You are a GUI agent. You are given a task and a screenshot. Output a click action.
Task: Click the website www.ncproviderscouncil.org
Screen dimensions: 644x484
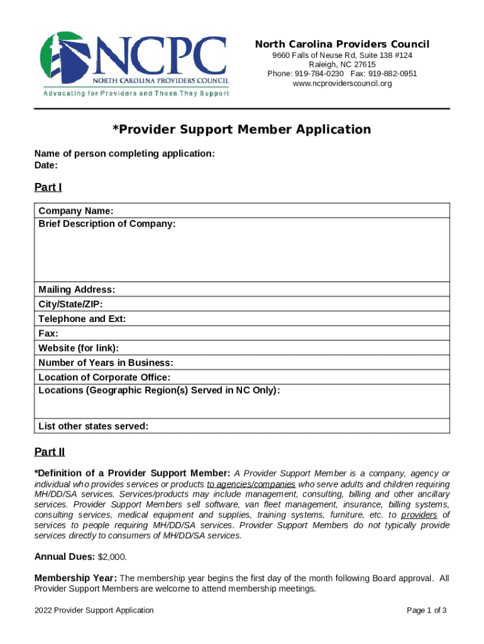tap(342, 83)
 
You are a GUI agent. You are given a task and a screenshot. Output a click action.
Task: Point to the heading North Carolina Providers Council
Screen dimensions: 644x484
tap(342, 44)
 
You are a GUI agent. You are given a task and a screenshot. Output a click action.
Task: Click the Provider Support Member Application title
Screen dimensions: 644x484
tap(242, 130)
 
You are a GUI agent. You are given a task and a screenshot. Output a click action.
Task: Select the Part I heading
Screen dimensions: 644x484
tap(48, 187)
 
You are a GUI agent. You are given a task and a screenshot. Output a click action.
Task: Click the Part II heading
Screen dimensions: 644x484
tap(50, 452)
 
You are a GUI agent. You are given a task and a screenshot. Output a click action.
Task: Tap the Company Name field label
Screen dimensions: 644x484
tap(76, 210)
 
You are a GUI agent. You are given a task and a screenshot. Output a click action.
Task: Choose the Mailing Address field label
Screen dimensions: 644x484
tap(77, 290)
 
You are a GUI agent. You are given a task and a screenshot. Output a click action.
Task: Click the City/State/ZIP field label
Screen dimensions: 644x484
tap(70, 304)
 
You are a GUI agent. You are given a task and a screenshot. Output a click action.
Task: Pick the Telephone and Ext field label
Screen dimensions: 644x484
tap(82, 319)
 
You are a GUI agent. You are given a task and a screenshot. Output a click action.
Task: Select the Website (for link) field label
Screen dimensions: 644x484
tap(79, 348)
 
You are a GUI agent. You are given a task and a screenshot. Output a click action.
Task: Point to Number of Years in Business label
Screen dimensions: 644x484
tap(106, 363)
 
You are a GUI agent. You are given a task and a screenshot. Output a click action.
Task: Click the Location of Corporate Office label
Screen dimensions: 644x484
tap(104, 377)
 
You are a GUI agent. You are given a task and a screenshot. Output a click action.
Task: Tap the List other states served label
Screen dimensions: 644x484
tap(94, 426)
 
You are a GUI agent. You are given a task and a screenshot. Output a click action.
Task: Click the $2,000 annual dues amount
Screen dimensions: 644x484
tap(113, 557)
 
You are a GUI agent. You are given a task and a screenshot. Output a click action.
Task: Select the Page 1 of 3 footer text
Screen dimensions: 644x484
tap(427, 610)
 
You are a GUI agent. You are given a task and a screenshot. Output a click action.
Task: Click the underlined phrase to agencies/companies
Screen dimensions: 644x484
tap(251, 485)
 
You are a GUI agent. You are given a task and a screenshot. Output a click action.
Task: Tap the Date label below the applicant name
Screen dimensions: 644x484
tap(46, 165)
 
